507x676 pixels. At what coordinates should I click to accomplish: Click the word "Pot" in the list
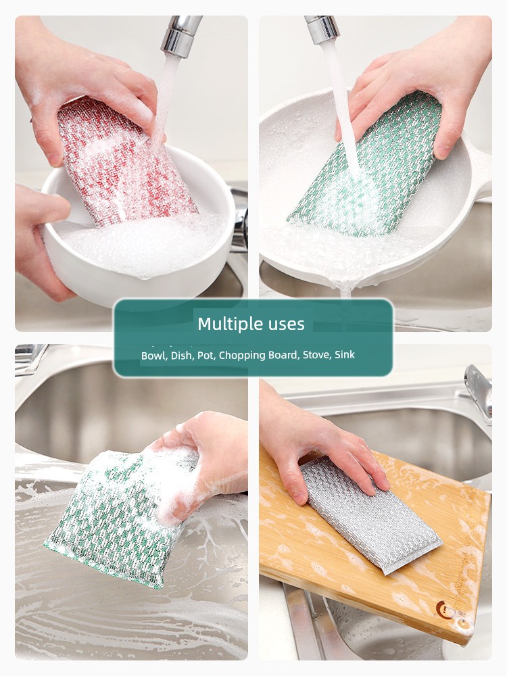pos(206,356)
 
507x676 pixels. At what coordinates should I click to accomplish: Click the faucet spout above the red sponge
pos(180,37)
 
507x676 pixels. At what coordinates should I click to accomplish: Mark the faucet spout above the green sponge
pos(322,29)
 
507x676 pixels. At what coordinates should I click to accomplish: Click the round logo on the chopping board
pos(444,609)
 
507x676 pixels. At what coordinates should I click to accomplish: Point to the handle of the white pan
pos(479,172)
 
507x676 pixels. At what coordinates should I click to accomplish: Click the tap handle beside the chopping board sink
pos(479,392)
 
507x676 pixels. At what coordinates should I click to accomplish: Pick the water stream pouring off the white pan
pos(345,290)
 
